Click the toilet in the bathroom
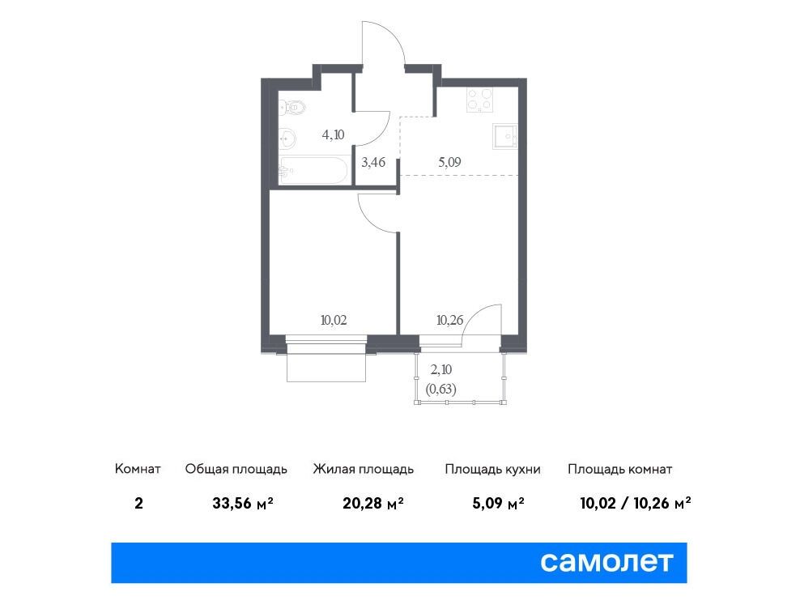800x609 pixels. coord(292,107)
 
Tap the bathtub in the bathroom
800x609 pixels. coord(313,170)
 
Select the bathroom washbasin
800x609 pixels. coord(287,137)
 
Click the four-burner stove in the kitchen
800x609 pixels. coord(479,100)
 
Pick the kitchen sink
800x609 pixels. coord(505,136)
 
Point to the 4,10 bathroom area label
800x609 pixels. coord(333,134)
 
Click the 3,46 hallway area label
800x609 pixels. coord(373,162)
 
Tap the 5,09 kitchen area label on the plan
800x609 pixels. coord(449,162)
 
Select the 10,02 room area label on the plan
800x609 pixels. coord(334,320)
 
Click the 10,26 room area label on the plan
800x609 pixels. coord(449,320)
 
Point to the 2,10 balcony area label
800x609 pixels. coord(440,369)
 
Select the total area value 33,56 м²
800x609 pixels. coord(243,504)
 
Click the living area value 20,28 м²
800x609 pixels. coord(373,504)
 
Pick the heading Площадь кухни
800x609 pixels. coord(492,469)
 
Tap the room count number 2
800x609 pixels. coord(138,504)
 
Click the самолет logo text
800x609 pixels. coord(606,562)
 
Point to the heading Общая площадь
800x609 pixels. coord(236,469)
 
